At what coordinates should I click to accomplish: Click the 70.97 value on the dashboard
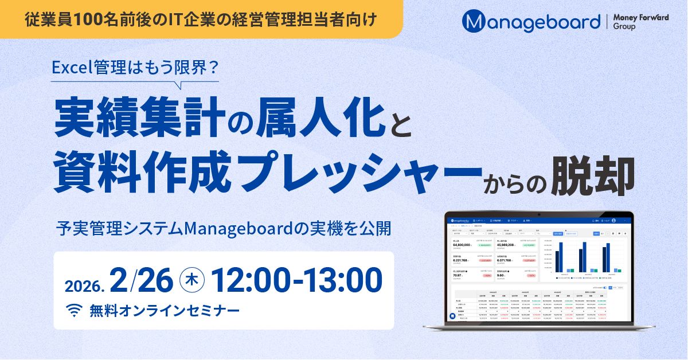tap(457, 275)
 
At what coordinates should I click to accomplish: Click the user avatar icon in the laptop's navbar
tap(613, 220)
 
